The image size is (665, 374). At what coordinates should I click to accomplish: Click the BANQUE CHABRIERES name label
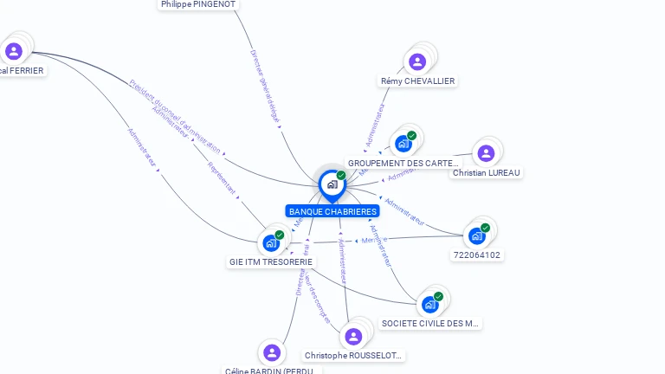[x=332, y=211]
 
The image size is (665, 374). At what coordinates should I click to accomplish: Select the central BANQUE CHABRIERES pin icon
[x=332, y=184]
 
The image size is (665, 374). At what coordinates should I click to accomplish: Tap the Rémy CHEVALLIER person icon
[x=417, y=61]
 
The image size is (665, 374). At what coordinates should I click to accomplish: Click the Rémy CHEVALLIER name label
[x=417, y=81]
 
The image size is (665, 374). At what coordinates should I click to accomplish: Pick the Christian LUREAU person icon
[x=486, y=153]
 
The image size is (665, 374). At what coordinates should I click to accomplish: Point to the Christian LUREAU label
[x=487, y=172]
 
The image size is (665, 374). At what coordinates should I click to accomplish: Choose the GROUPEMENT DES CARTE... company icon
[x=404, y=143]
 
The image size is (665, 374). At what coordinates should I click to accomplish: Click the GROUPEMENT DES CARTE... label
[x=403, y=163]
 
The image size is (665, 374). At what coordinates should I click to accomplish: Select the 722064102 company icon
[x=477, y=235]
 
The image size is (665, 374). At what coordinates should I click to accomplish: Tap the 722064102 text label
[x=477, y=255]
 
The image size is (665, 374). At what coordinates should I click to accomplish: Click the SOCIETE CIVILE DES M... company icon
[x=430, y=304]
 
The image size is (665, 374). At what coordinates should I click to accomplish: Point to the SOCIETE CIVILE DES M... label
[x=430, y=323]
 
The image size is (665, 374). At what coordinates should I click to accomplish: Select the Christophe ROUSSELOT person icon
[x=353, y=336]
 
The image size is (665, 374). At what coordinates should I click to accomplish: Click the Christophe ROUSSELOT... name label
[x=353, y=356]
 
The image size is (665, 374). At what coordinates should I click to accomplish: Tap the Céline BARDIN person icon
[x=272, y=352]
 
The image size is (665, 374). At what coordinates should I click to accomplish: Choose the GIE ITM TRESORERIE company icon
[x=271, y=242]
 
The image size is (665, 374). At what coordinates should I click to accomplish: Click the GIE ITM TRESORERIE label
[x=271, y=261]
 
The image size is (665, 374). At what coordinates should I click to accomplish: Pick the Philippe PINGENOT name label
[x=198, y=4]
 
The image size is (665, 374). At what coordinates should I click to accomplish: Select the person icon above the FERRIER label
[x=14, y=51]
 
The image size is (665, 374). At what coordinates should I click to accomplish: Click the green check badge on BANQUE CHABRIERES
[x=341, y=175]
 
